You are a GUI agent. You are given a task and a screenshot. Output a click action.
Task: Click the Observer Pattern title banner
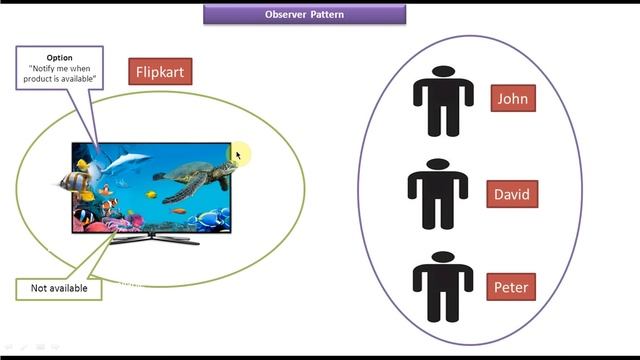(305, 14)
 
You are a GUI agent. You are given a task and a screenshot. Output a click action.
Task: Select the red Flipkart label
(159, 71)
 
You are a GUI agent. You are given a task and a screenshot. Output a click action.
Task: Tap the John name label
(512, 98)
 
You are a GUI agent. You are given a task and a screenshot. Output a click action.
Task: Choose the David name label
(512, 194)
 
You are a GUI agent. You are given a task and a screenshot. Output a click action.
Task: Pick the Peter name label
(511, 288)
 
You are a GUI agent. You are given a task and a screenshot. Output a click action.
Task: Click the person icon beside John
(443, 102)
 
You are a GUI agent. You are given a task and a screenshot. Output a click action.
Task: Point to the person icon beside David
(437, 195)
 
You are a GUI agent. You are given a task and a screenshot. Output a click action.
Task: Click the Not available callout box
(59, 288)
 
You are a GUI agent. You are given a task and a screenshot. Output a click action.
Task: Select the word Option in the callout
(59, 58)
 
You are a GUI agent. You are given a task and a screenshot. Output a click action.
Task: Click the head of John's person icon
(443, 73)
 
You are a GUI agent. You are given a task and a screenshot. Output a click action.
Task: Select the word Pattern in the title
(327, 14)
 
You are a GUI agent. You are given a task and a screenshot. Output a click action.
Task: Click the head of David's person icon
(437, 165)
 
